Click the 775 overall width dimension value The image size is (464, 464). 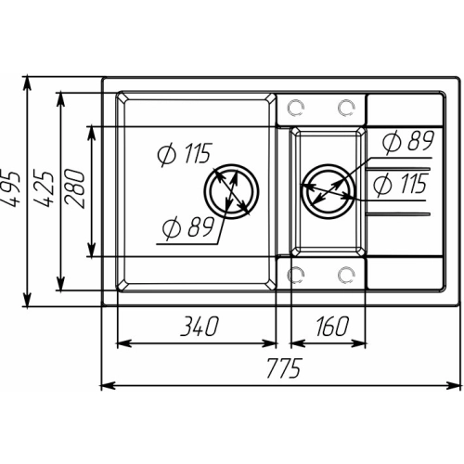click(281, 369)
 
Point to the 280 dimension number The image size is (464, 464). click(77, 191)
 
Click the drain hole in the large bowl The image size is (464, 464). click(228, 191)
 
